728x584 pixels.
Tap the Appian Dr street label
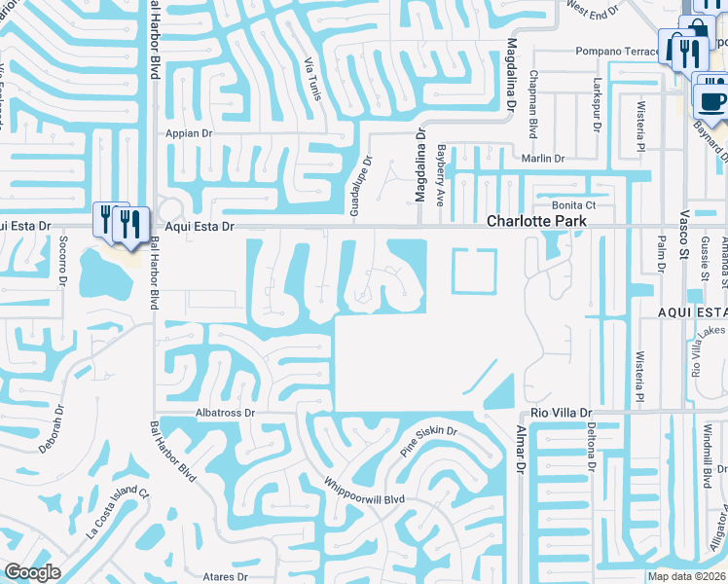coord(190,133)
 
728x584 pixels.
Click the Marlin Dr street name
coord(543,159)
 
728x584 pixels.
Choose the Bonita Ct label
coord(573,205)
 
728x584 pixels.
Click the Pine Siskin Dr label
coord(428,441)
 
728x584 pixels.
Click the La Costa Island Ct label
coord(119,512)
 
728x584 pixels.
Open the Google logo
coord(32,572)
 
